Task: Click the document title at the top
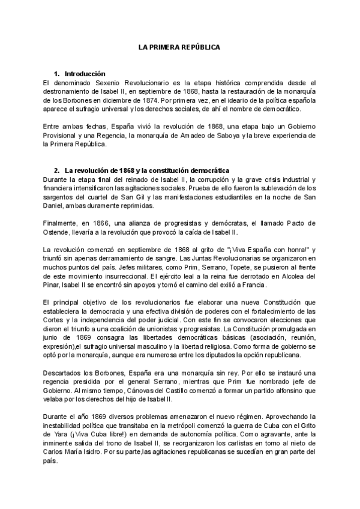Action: pyautogui.click(x=179, y=46)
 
